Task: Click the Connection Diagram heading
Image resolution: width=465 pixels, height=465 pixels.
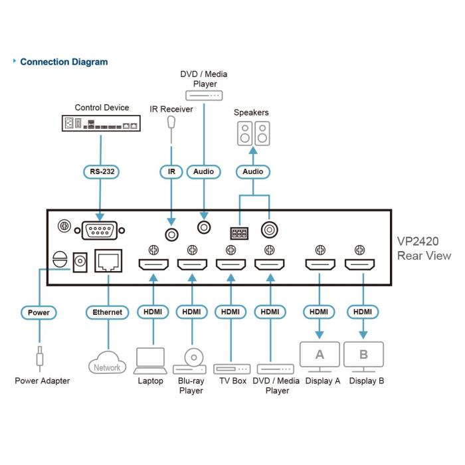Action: pos(64,62)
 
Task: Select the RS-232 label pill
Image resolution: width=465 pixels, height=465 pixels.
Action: pos(99,171)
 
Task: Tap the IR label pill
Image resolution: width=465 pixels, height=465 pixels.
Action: pos(171,171)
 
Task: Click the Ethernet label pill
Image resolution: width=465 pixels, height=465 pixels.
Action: pos(107,312)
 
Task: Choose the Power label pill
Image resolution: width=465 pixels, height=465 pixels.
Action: pos(39,312)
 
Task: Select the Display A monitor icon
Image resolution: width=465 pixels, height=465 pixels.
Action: pos(320,355)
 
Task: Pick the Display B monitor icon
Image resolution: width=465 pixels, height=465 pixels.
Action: pos(363,355)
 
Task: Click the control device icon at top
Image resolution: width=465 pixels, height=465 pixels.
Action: pos(100,124)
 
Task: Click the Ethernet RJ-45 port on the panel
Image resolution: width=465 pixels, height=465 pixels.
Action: pos(107,262)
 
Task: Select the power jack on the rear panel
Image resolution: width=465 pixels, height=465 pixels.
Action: pos(80,262)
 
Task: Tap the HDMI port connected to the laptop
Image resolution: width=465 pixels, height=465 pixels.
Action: pos(153,265)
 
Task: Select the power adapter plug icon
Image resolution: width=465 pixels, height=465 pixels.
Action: pos(39,359)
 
